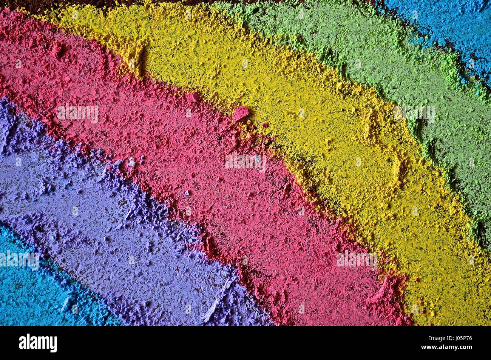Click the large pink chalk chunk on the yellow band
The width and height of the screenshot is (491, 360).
tap(241, 113)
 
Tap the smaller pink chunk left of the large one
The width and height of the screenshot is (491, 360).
tap(193, 97)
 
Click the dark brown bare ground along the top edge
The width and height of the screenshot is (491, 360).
tap(113, 3)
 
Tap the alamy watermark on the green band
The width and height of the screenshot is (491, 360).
tap(414, 113)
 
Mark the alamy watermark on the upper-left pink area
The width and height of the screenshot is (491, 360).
tap(78, 113)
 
